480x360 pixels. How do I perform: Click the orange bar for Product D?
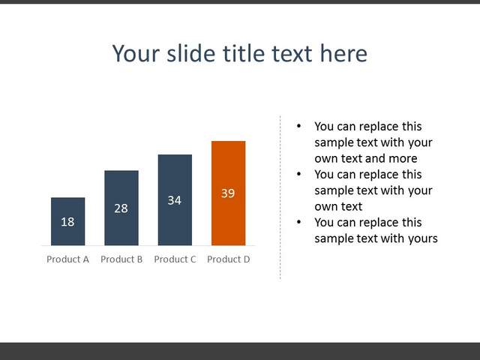pos(228,193)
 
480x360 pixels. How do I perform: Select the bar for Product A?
pos(68,222)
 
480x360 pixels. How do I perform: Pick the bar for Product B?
pos(121,208)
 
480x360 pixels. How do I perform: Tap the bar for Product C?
pos(175,200)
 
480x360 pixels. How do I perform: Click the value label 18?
pos(67,222)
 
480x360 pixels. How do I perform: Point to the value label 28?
pos(121,208)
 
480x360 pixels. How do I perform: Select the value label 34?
pos(175,200)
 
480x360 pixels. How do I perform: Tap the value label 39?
pos(228,193)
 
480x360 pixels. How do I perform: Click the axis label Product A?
pos(68,259)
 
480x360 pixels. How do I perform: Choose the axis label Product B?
pos(121,259)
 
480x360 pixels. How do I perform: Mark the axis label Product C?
pos(175,259)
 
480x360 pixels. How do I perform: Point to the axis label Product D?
pos(229,259)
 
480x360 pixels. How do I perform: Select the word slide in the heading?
pos(190,53)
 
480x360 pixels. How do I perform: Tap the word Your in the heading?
pos(136,54)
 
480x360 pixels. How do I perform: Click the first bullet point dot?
pos(298,126)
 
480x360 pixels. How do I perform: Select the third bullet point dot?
pos(298,222)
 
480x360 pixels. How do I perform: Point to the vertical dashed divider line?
pos(280,197)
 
